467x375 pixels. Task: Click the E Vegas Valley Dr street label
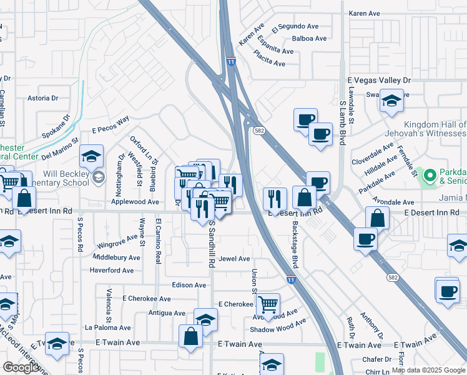(379, 81)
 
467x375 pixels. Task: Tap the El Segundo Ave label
(295, 27)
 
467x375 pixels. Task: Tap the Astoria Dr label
(42, 98)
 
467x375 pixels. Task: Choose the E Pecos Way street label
(110, 124)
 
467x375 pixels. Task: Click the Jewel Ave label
(235, 259)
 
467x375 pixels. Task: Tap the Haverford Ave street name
(112, 271)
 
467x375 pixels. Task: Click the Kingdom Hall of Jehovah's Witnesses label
(435, 129)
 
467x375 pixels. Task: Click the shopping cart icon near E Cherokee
(268, 304)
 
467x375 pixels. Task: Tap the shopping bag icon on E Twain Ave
(190, 336)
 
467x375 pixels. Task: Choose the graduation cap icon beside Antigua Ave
(205, 319)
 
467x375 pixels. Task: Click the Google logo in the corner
(21, 367)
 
